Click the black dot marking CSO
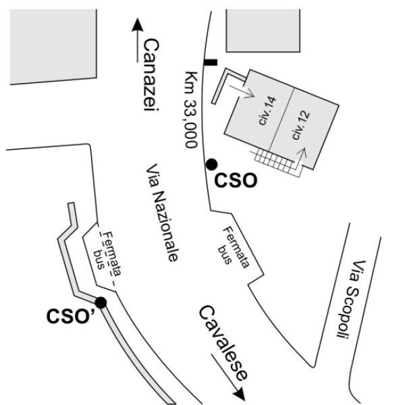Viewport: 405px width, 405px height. [211, 165]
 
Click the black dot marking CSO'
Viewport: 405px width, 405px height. [101, 302]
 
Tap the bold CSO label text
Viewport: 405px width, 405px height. [236, 180]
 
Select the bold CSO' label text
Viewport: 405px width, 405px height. [70, 316]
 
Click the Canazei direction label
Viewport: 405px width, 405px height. [151, 75]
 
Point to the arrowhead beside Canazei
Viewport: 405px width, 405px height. [138, 25]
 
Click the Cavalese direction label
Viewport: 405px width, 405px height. [223, 343]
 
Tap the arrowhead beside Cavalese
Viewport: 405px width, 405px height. [239, 394]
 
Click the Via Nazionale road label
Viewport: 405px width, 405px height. [162, 213]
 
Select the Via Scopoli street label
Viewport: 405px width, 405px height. [352, 299]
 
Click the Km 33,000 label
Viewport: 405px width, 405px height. [191, 109]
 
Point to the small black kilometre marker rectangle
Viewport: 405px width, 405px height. [211, 63]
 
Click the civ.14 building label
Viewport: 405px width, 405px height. [267, 111]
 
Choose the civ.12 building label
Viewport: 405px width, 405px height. [300, 125]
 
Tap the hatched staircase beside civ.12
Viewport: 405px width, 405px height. [275, 162]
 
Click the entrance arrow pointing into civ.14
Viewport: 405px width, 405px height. [242, 92]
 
